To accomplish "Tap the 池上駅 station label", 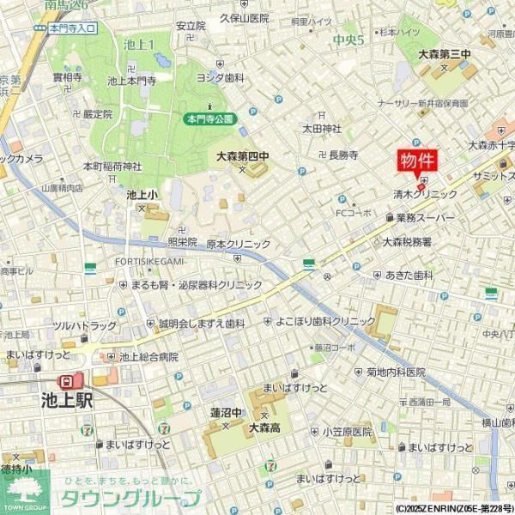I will pos(66,400).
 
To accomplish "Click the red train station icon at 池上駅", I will pos(66,380).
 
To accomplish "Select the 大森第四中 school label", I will pos(243,157).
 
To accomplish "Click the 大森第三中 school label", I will pos(445,54).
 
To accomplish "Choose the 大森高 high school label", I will pos(265,426).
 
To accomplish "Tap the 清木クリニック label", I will pos(426,194).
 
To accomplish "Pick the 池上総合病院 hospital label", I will pos(148,356).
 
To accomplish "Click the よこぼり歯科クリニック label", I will pos(325,321).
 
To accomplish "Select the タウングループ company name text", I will pos(130,499).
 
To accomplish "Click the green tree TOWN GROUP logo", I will pos(26,493).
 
